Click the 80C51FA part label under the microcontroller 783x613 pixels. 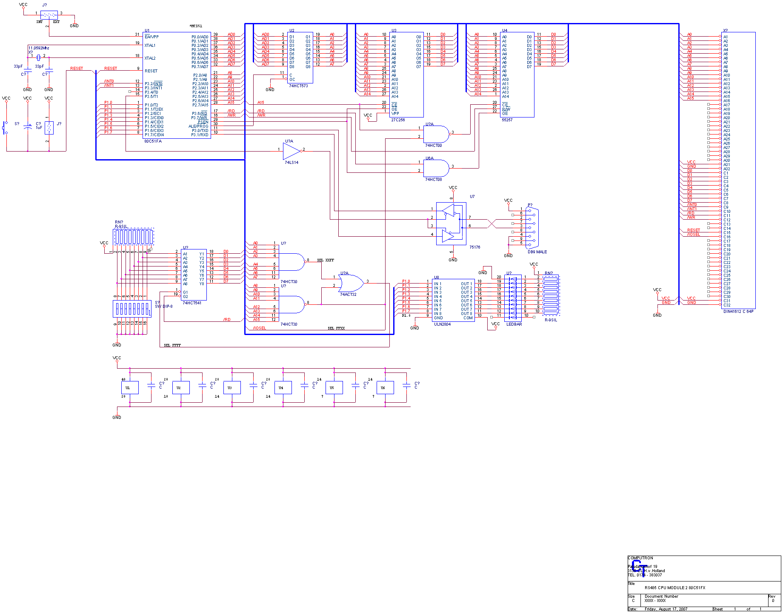click(153, 141)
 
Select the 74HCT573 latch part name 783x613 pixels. click(298, 86)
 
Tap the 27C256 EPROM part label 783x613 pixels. click(398, 120)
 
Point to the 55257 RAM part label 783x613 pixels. click(507, 120)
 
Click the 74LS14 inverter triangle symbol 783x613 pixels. click(291, 150)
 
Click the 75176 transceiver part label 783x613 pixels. click(474, 247)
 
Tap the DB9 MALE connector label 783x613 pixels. click(537, 252)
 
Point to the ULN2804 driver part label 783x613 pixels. click(442, 324)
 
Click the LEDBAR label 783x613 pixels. click(514, 324)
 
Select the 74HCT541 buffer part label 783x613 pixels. click(192, 303)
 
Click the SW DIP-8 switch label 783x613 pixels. click(164, 306)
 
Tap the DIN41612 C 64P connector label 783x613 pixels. click(738, 312)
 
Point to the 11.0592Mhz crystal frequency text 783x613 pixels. click(39, 48)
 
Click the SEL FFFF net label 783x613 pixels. click(172, 345)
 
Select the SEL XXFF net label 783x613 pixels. click(326, 260)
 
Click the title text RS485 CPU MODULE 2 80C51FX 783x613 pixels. click(674, 588)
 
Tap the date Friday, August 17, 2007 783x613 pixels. click(666, 609)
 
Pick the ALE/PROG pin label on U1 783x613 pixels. click(198, 126)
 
